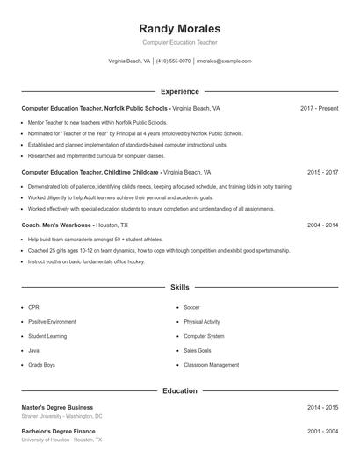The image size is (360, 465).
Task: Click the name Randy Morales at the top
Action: (x=179, y=29)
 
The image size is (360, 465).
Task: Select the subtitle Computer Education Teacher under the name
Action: (x=179, y=42)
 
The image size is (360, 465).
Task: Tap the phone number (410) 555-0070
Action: (x=173, y=61)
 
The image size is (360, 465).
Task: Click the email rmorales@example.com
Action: (x=223, y=61)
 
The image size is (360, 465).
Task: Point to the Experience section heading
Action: (x=179, y=91)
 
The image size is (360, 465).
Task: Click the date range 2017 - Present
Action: (x=319, y=108)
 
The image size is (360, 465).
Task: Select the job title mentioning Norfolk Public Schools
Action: (x=94, y=108)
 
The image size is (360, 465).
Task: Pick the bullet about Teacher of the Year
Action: (x=134, y=133)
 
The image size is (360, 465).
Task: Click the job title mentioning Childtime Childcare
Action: (x=90, y=173)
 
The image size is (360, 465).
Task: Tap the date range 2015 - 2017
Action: (x=322, y=173)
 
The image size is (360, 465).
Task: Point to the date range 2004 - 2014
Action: (x=322, y=225)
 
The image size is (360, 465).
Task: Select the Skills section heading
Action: (x=179, y=287)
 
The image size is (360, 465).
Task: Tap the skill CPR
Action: (x=33, y=308)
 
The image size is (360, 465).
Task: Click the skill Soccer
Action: (x=192, y=308)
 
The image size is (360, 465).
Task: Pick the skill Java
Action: (x=34, y=350)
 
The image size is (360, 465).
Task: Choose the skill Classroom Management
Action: (x=211, y=364)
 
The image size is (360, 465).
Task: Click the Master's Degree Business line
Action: (x=57, y=408)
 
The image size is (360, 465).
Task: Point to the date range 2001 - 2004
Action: (x=322, y=431)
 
